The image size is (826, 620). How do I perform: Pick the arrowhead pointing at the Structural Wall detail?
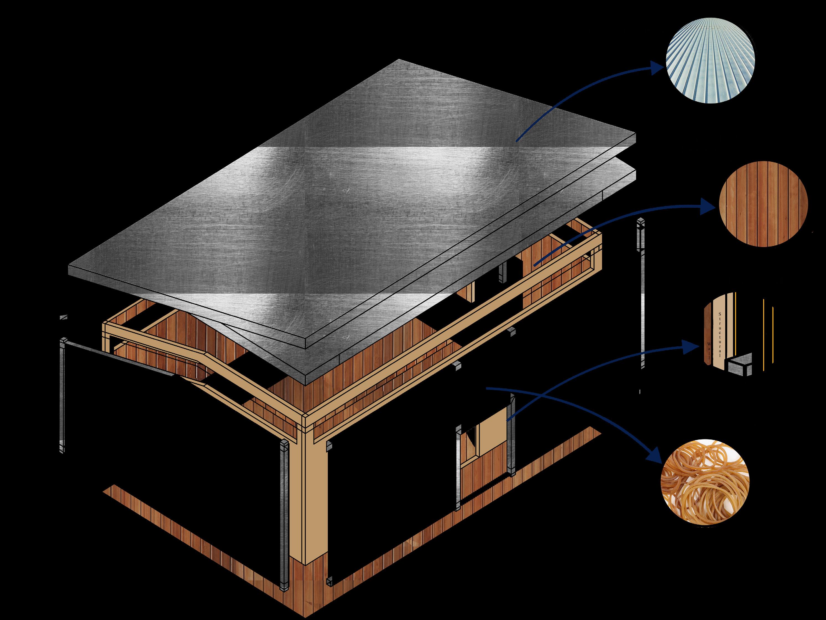(692, 347)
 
